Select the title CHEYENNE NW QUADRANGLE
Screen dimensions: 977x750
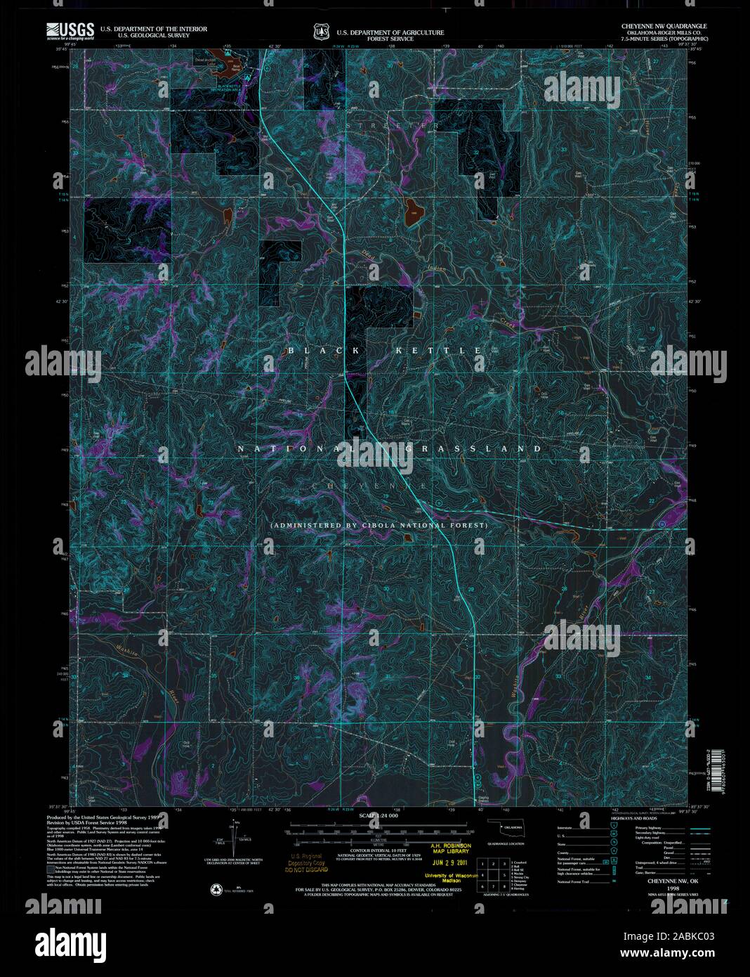(x=664, y=25)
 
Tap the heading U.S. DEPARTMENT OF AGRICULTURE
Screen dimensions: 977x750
(x=390, y=32)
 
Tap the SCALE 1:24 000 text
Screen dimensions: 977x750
(x=378, y=815)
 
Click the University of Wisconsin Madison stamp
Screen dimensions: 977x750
(x=450, y=878)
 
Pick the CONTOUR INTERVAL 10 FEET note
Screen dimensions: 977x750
(x=378, y=850)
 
